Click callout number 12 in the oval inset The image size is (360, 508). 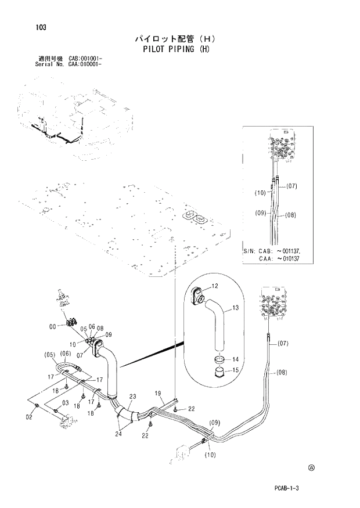[214, 286]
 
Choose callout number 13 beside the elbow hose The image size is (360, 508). [235, 308]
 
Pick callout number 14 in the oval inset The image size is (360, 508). [236, 359]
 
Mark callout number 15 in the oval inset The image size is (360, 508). [236, 370]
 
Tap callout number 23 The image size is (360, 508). [132, 397]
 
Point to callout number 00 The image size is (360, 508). [52, 326]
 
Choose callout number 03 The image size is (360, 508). [66, 403]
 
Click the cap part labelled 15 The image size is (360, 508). [219, 372]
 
